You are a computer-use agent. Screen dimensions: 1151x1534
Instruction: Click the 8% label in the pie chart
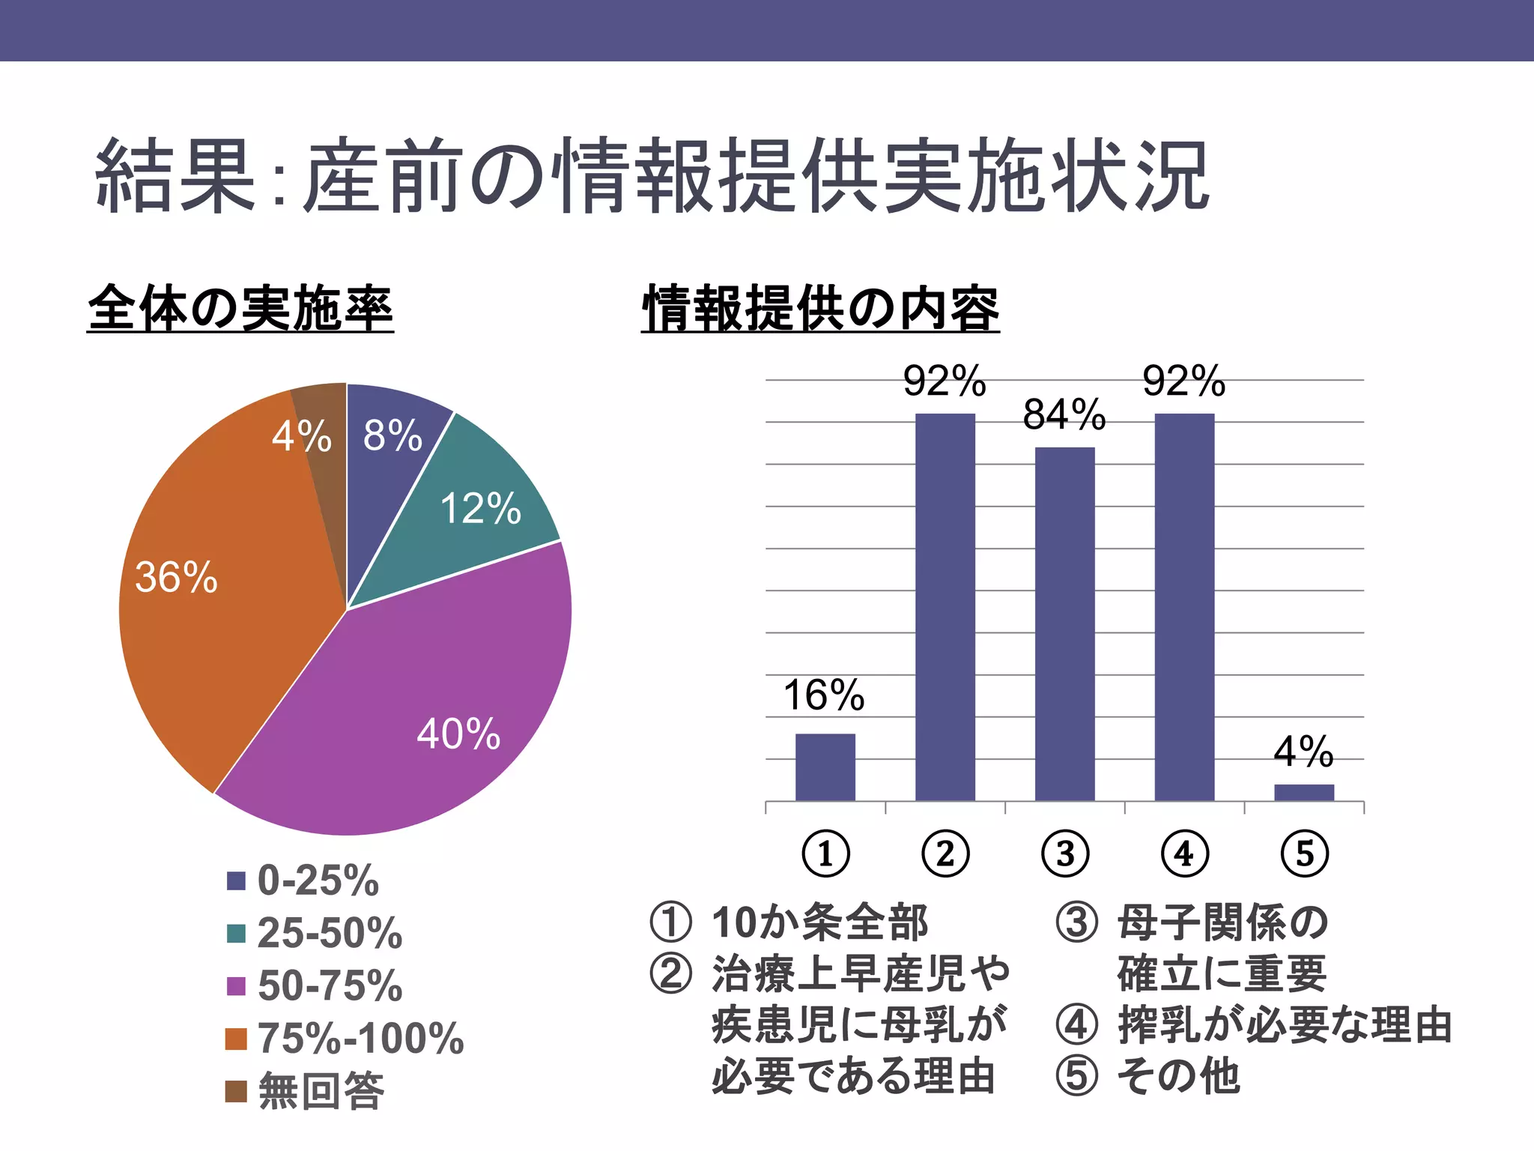click(392, 436)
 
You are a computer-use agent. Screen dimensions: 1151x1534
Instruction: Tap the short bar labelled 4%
click(1303, 792)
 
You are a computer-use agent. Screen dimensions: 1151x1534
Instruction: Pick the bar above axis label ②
click(945, 607)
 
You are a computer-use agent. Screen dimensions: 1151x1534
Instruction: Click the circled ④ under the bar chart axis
click(1184, 854)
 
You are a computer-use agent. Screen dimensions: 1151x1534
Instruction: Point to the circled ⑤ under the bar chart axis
click(1304, 854)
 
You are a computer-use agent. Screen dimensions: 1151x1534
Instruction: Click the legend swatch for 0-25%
click(237, 880)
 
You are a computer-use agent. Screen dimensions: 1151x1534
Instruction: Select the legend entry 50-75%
click(330, 985)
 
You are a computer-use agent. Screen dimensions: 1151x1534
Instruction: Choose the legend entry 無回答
click(321, 1091)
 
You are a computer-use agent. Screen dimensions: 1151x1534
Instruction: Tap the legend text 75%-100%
click(360, 1039)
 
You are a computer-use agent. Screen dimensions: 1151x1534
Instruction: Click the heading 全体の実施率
click(240, 308)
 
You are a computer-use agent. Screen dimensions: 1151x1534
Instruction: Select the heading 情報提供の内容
click(820, 308)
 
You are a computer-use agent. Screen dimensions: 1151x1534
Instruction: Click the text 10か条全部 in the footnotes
click(819, 922)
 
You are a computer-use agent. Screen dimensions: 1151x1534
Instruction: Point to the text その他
click(1178, 1075)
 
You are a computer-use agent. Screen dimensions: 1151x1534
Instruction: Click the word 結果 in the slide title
click(176, 176)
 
